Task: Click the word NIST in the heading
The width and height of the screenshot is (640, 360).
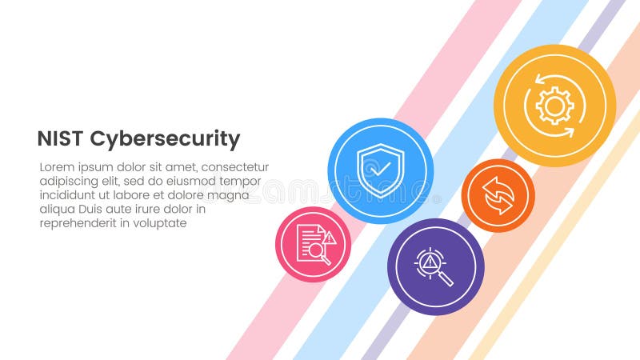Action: coord(60,139)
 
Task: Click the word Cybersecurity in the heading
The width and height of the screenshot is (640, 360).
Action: coord(164,140)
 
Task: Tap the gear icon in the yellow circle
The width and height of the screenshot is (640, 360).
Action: coord(554,106)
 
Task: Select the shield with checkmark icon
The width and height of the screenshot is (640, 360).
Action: coord(380,170)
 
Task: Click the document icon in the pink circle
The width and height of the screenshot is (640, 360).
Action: coord(310,241)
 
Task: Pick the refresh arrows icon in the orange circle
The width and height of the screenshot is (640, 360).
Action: coord(498,195)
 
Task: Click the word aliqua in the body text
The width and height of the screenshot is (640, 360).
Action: coord(58,210)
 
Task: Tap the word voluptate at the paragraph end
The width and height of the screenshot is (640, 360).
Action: coord(161,223)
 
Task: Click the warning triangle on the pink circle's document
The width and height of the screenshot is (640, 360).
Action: coord(329,238)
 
